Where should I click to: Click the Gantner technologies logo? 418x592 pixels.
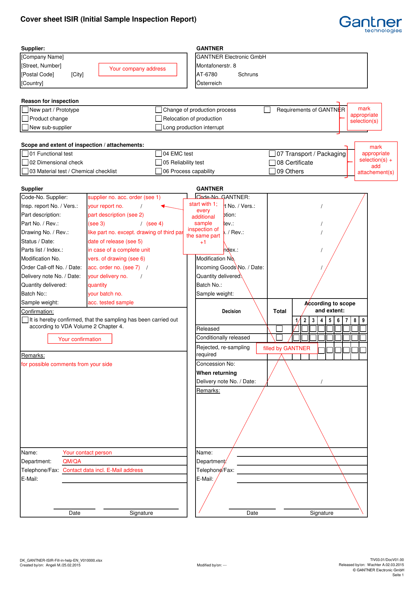tap(370, 24)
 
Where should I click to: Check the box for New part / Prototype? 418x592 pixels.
tap(25, 110)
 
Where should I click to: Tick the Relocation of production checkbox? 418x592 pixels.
tap(158, 118)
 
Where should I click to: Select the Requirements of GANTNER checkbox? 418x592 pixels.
tap(267, 110)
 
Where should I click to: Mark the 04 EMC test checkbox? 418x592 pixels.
tap(158, 153)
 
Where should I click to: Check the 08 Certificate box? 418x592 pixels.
tap(272, 163)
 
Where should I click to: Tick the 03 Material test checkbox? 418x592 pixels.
tap(25, 171)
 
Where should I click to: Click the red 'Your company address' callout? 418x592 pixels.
tap(138, 69)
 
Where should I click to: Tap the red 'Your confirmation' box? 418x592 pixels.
tap(80, 339)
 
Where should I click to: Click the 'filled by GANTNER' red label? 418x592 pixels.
tap(287, 348)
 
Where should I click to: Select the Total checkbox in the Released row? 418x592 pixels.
tap(279, 329)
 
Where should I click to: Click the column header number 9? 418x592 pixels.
tap(363, 320)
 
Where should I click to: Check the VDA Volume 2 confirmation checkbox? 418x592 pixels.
tap(25, 319)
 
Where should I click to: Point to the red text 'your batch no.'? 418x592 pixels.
tap(105, 294)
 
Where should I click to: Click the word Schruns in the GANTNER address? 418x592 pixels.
tap(248, 75)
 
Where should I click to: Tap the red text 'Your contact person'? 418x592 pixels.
tap(87, 453)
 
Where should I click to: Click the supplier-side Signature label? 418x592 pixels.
tap(141, 513)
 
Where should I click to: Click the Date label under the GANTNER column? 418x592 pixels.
tap(252, 513)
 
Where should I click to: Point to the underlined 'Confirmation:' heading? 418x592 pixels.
tap(37, 312)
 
